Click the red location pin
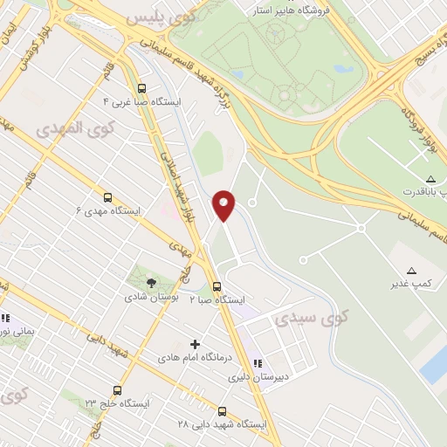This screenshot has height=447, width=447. click(x=224, y=205)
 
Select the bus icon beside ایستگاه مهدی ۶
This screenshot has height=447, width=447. click(x=107, y=197)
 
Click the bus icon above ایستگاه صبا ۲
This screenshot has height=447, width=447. click(x=217, y=286)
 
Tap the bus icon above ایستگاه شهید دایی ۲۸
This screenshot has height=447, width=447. click(x=222, y=411)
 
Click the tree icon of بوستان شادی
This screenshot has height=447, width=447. click(x=151, y=282)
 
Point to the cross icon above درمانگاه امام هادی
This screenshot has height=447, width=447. click(x=195, y=344)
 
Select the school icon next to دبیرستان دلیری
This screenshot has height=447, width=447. click(x=258, y=363)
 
